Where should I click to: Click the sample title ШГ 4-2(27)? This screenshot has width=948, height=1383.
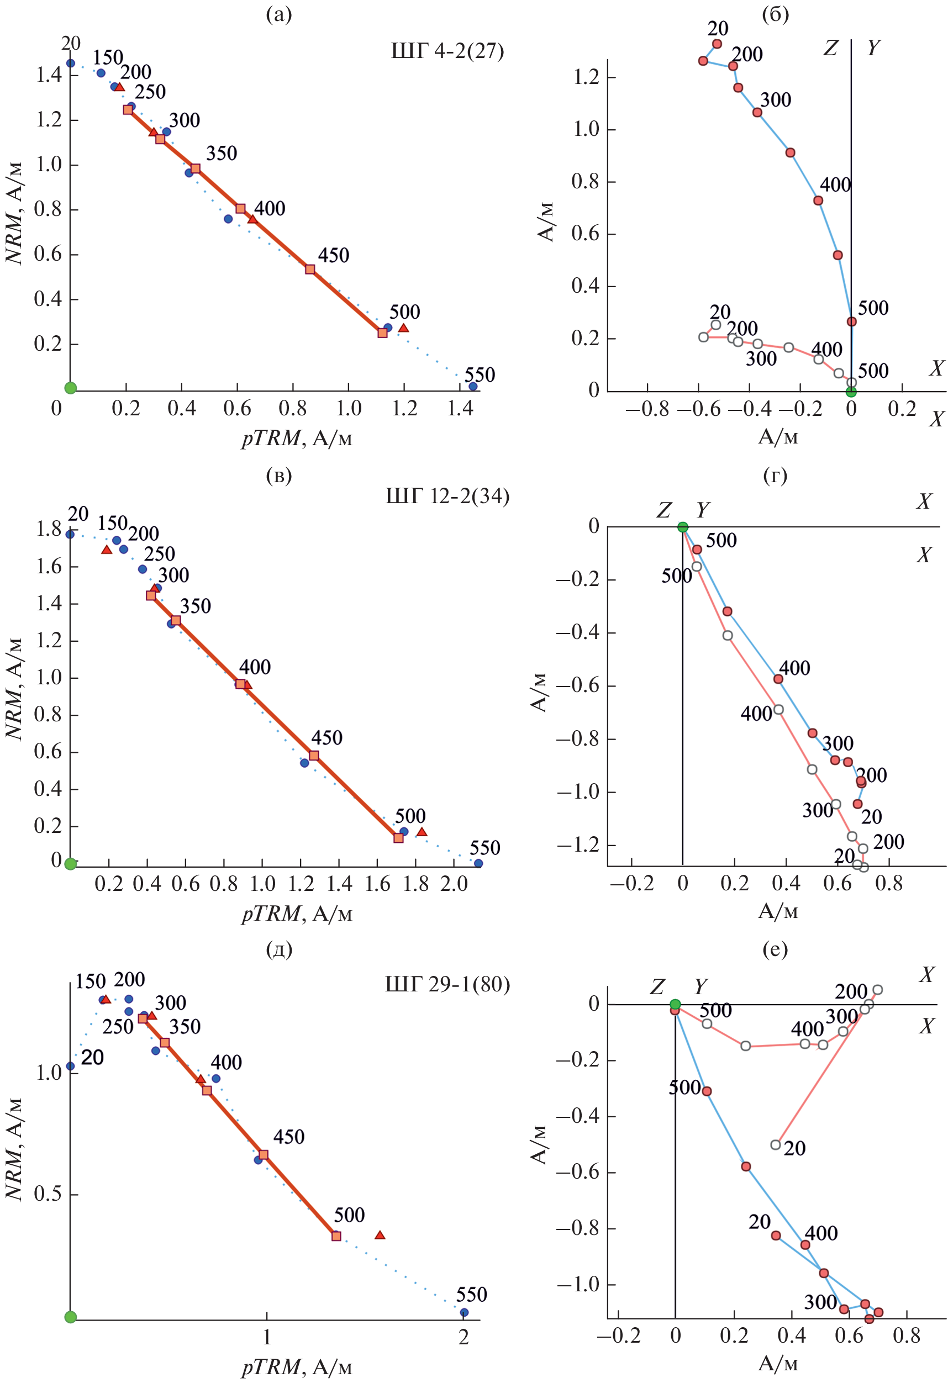[x=447, y=51]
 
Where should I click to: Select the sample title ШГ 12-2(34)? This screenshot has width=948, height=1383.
[x=447, y=496]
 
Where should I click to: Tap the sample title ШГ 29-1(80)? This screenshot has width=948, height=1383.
[x=447, y=984]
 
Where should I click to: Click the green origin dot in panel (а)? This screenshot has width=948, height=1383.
[x=70, y=388]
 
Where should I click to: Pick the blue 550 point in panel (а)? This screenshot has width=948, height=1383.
[x=472, y=386]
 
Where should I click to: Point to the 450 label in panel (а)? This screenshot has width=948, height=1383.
[x=333, y=255]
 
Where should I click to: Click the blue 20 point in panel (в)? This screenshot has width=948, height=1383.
[x=70, y=534]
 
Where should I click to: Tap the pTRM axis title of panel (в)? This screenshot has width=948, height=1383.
[x=296, y=914]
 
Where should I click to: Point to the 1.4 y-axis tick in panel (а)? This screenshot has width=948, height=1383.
[x=49, y=75]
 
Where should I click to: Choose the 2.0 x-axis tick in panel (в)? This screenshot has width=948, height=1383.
[x=454, y=884]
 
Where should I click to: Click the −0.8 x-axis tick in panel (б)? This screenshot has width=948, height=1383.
[x=647, y=409]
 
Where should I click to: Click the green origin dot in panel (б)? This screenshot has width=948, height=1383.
[x=851, y=391]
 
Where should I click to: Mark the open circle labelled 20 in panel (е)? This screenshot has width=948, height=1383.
[x=776, y=1144]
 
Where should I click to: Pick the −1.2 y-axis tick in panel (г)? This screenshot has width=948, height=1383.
[x=577, y=844]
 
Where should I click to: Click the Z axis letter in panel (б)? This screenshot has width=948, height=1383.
[x=830, y=47]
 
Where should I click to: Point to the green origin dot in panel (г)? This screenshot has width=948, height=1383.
[x=683, y=527]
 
